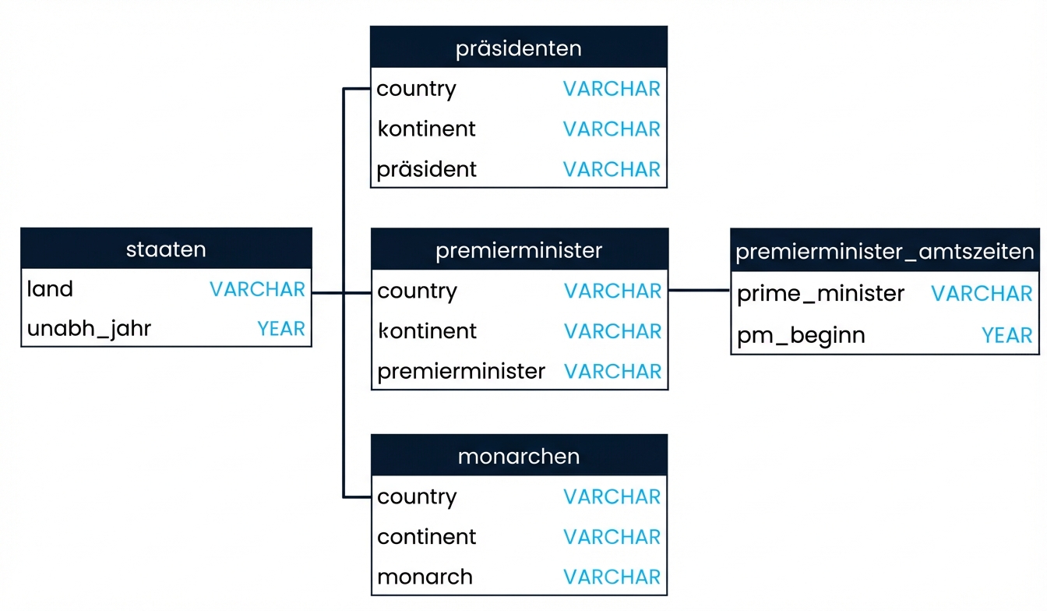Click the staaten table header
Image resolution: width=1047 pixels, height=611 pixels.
point(166,249)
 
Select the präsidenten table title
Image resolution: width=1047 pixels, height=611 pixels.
point(518,48)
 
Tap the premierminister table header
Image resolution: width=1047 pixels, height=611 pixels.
point(519,250)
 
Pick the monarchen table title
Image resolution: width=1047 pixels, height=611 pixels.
point(519,456)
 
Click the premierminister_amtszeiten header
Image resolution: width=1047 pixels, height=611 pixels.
point(885,252)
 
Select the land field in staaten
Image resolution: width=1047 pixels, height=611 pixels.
point(50,289)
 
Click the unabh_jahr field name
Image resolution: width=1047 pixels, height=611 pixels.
point(89,330)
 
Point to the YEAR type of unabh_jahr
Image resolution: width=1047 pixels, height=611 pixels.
point(281,330)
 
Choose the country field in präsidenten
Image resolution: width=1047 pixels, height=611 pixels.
point(416,89)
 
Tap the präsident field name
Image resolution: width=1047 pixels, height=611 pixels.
point(426,170)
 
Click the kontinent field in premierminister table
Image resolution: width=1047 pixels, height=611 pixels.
point(427,331)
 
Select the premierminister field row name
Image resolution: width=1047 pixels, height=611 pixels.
point(461,371)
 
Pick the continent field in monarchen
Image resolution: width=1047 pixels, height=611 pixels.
point(426,537)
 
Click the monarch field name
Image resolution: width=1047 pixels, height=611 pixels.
point(425,577)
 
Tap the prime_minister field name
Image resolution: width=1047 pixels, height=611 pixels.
point(820,294)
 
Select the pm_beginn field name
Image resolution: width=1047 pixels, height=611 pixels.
point(801,335)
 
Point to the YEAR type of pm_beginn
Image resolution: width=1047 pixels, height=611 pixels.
point(1006,335)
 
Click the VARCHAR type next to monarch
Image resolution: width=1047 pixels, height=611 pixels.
point(612,577)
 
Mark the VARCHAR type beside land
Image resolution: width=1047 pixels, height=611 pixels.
point(257,289)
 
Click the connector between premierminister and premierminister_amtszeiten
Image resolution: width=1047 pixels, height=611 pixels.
point(699,291)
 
